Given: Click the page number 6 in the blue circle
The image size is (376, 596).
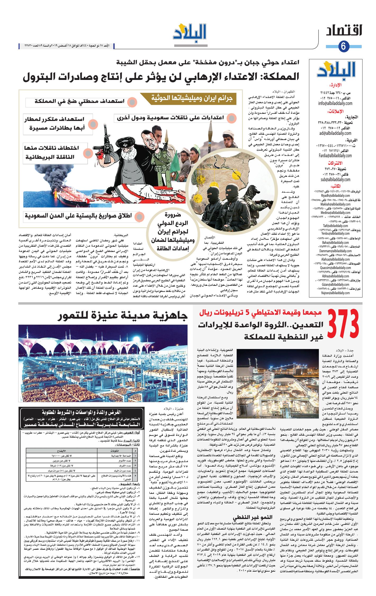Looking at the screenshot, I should tap(343, 46).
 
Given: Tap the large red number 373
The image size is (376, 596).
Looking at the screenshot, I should tap(343, 324).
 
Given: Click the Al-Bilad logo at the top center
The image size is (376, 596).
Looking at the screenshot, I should tap(190, 33).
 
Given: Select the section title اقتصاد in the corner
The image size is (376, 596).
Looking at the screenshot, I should tap(344, 31).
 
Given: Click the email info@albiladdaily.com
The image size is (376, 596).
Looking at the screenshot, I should tap(335, 103).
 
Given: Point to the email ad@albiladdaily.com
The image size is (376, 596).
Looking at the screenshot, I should tap(335, 133).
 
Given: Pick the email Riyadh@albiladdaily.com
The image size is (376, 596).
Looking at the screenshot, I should tap(335, 196).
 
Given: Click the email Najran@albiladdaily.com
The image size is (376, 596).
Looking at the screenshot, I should tap(335, 293).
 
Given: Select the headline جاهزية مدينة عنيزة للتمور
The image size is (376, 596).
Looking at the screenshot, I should tap(123, 316).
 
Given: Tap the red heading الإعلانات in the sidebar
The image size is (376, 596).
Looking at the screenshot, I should tap(335, 111).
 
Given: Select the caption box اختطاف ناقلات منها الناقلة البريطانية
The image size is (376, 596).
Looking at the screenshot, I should tap(52, 152).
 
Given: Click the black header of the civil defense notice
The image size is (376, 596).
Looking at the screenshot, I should tap(82, 418).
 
